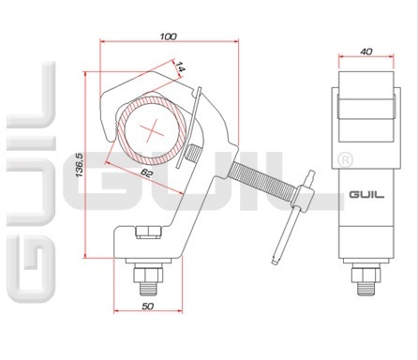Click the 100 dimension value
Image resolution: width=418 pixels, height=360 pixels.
[168, 37]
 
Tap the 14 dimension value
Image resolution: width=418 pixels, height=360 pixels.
[180, 67]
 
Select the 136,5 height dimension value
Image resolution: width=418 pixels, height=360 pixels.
[80, 165]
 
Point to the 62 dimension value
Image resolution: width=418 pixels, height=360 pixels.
[146, 172]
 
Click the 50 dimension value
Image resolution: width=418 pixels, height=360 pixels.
[148, 307]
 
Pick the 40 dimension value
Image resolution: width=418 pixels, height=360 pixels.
[366, 52]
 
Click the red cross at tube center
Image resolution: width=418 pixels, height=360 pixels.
[152, 129]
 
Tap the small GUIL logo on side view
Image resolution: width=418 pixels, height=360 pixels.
[366, 195]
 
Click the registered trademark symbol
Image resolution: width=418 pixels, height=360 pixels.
[346, 159]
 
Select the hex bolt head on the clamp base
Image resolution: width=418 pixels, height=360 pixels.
[148, 232]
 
